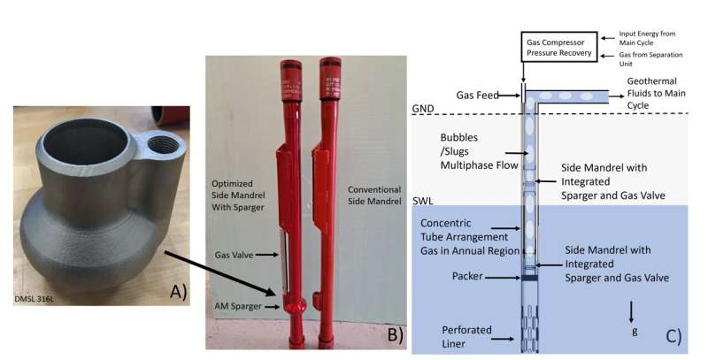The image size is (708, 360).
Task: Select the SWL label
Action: click(423, 201)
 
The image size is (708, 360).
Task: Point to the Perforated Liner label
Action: click(465, 337)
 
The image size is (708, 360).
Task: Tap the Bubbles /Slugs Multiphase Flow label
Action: click(471, 151)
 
